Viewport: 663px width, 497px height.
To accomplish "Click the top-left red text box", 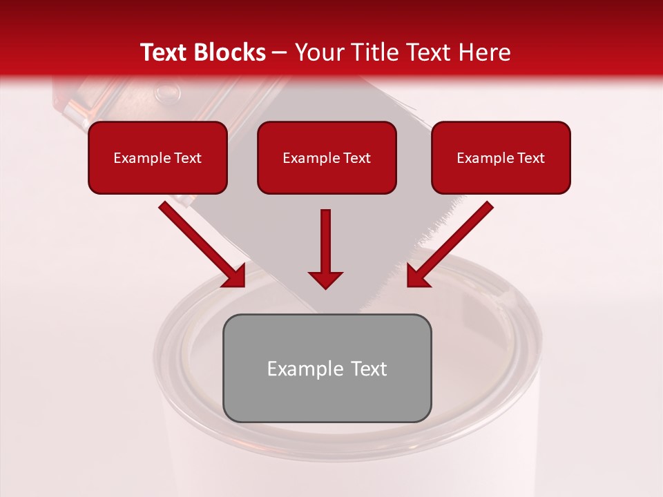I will pyautogui.click(x=157, y=157).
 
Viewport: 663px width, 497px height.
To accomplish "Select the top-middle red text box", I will pyautogui.click(x=327, y=157).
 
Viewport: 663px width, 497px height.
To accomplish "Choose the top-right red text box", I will pyautogui.click(x=501, y=157).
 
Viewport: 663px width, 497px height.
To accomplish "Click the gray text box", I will pyautogui.click(x=327, y=368).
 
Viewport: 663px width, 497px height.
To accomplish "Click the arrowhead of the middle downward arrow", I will pyautogui.click(x=325, y=280).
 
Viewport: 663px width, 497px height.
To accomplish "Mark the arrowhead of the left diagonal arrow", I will pyautogui.click(x=236, y=276).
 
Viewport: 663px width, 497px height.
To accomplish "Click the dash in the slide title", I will pyautogui.click(x=280, y=53).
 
